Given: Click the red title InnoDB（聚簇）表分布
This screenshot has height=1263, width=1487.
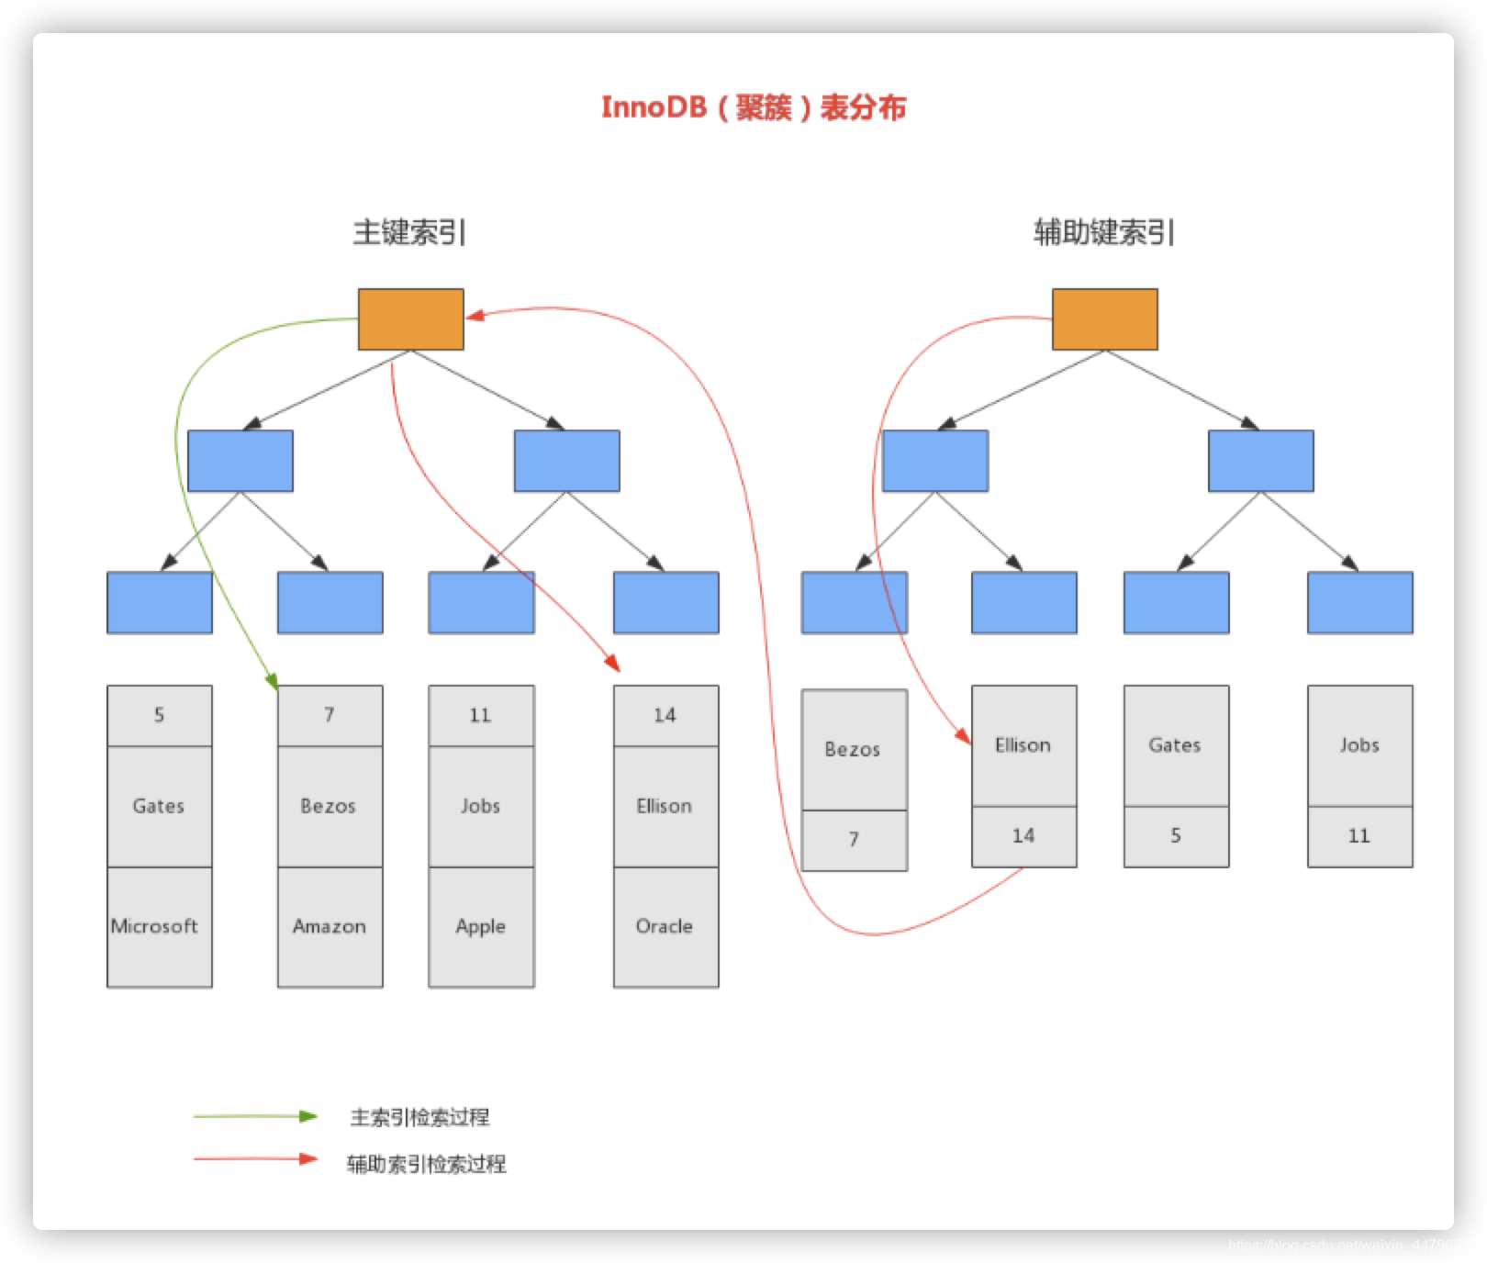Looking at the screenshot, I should pos(753,107).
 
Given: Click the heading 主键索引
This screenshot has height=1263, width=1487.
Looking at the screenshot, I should pos(409,232).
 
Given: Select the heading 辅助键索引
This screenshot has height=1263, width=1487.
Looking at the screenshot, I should pos(1103,232).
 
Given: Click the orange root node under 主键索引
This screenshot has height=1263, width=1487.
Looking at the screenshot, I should pos(410,319).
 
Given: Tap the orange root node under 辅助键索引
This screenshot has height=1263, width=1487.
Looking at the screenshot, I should pos(1104,319).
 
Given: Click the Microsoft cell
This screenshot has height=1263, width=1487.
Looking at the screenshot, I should pos(159,927).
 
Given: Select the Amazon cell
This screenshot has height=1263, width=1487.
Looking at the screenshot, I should pos(330,927).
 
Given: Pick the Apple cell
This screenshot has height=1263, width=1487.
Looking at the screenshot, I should pos(481,927).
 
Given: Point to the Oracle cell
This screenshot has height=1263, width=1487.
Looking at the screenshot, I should pos(665,927).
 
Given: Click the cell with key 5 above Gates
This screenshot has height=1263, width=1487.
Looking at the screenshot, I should pos(159,715).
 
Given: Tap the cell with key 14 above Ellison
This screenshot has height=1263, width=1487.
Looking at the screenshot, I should pos(665,715).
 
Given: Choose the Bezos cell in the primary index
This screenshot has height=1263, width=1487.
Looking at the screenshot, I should pos(330,806).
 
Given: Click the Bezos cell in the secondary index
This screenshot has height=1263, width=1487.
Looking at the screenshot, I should pos(854,750).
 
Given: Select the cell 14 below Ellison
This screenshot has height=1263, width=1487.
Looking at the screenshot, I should pos(1023,836).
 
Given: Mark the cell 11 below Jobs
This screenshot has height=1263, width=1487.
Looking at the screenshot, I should pos(1359,836).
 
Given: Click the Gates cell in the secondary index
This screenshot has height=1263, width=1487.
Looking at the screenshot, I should pos(1176,745).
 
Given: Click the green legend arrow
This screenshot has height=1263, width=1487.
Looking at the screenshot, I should pos(255,1117).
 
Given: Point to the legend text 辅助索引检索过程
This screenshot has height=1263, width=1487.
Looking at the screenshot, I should pos(427,1165).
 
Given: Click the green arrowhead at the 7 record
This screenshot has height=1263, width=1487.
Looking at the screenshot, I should pos(273,682).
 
